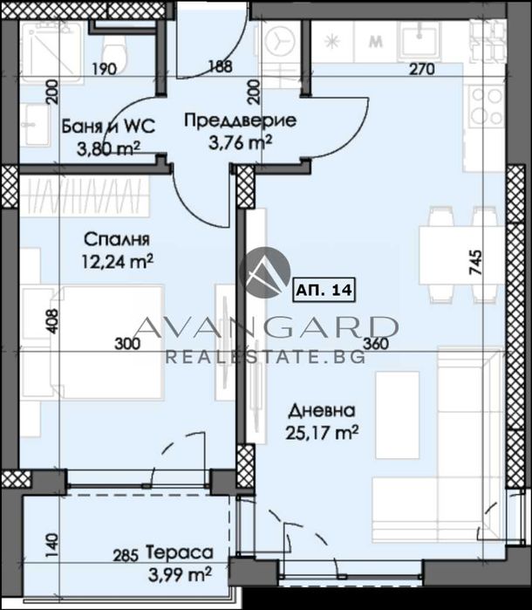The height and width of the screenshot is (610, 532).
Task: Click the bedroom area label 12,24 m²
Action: pyautogui.click(x=117, y=262)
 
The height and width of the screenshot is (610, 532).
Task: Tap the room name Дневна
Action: pyautogui.click(x=323, y=411)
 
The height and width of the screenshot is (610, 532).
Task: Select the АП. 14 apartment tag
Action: pyautogui.click(x=324, y=290)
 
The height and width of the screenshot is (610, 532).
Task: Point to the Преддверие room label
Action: pyautogui.click(x=241, y=120)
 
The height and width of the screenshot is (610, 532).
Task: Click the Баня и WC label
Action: pyautogui.click(x=108, y=127)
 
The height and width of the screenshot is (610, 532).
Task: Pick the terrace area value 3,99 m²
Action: pyautogui.click(x=180, y=574)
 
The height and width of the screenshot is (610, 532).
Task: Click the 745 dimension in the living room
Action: pyautogui.click(x=476, y=263)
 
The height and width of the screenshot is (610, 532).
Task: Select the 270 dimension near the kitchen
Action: pyautogui.click(x=422, y=69)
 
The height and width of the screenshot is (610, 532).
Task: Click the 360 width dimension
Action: pyautogui.click(x=376, y=344)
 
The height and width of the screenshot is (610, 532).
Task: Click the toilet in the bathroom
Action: pyautogui.click(x=113, y=51)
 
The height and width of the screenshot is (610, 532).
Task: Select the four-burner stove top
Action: pyautogui.click(x=486, y=106)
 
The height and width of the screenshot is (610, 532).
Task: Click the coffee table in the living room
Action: pyautogui.click(x=397, y=415)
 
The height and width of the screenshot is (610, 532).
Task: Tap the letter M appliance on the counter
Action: pyautogui.click(x=375, y=42)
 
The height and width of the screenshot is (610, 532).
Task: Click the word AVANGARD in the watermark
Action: pyautogui.click(x=266, y=326)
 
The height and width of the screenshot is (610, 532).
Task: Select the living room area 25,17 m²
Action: pyautogui.click(x=323, y=432)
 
